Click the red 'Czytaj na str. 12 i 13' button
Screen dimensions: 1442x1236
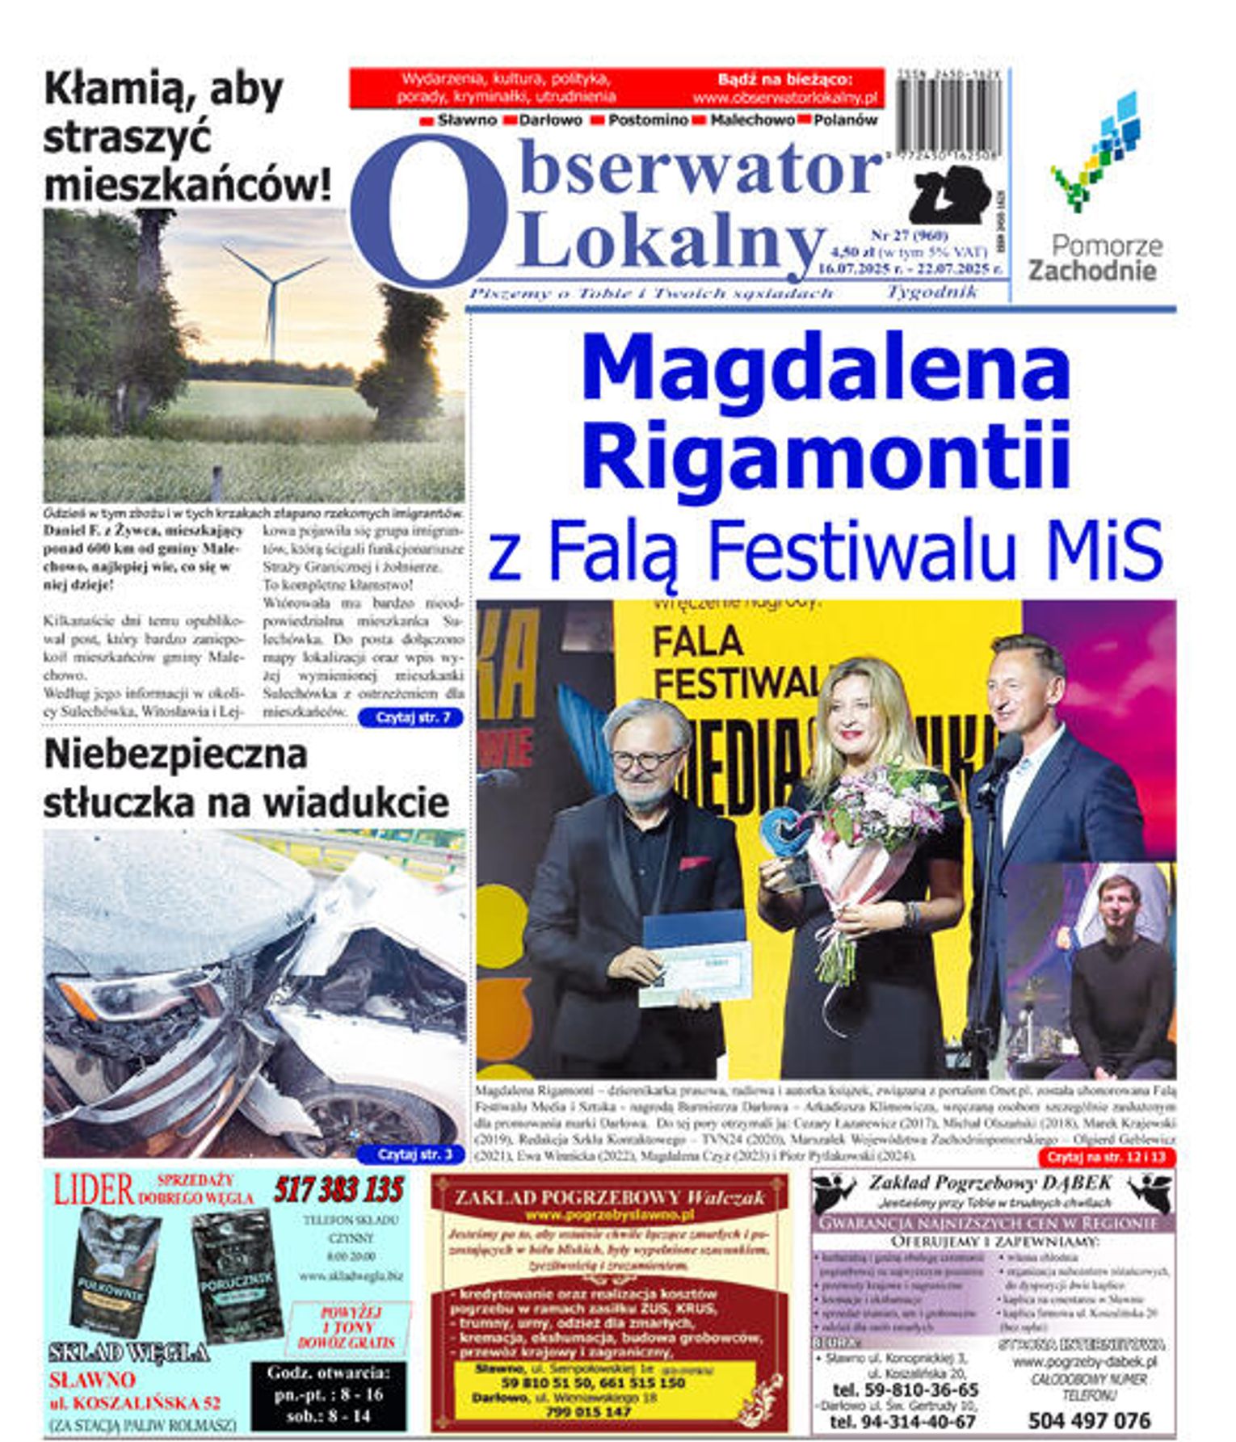(x=1106, y=1157)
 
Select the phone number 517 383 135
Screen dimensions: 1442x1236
(x=338, y=1190)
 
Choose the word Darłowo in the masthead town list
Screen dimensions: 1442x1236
(x=550, y=120)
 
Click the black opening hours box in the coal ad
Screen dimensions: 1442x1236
(x=328, y=1395)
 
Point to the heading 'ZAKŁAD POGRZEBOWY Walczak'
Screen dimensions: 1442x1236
(x=609, y=1197)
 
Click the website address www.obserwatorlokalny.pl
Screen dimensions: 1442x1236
(x=784, y=98)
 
